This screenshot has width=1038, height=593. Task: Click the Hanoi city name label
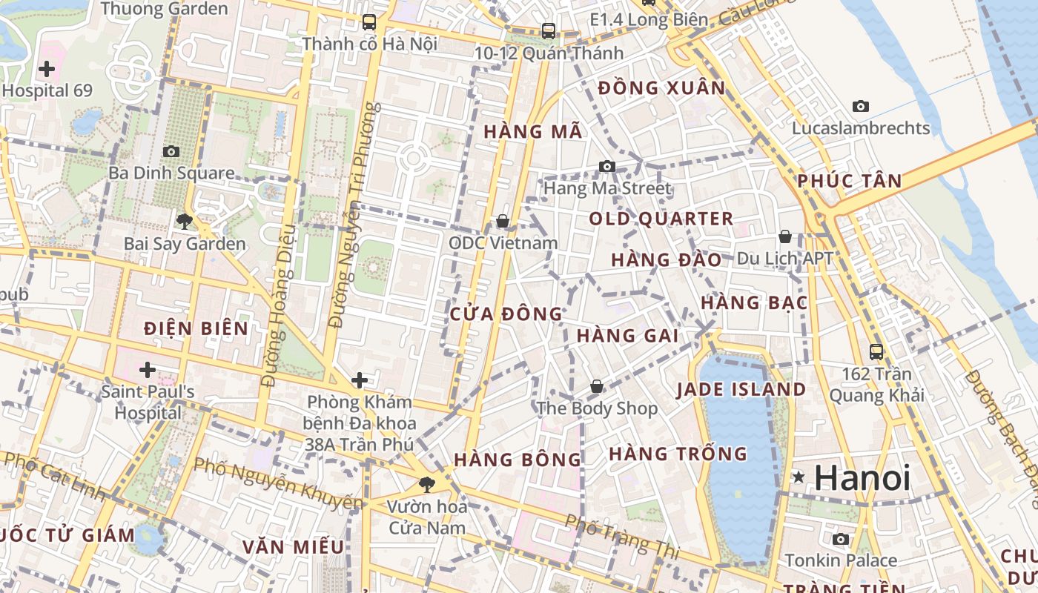(x=862, y=478)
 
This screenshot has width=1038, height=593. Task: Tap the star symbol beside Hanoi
(x=799, y=477)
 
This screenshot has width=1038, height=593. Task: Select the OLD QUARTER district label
(x=661, y=219)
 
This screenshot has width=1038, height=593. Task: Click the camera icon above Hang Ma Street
(x=607, y=166)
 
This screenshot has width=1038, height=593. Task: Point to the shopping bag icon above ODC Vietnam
(x=502, y=221)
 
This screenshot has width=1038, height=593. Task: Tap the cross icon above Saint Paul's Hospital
(x=148, y=369)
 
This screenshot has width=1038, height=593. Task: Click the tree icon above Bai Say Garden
(x=184, y=221)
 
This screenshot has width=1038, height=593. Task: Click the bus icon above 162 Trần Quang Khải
(x=876, y=351)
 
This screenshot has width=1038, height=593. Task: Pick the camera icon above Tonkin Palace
(x=840, y=539)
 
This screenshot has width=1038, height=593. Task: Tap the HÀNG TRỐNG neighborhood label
(x=678, y=454)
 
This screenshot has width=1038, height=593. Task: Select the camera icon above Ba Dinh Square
(x=171, y=151)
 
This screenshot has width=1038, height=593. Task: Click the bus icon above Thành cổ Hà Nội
(x=369, y=22)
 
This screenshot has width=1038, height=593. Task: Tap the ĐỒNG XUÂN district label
(x=661, y=88)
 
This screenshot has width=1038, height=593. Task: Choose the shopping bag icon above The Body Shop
(x=597, y=386)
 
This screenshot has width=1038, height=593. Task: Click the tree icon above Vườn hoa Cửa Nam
(x=427, y=485)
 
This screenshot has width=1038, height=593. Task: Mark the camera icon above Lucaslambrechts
(x=860, y=106)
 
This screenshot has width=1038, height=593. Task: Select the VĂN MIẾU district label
(x=293, y=547)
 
